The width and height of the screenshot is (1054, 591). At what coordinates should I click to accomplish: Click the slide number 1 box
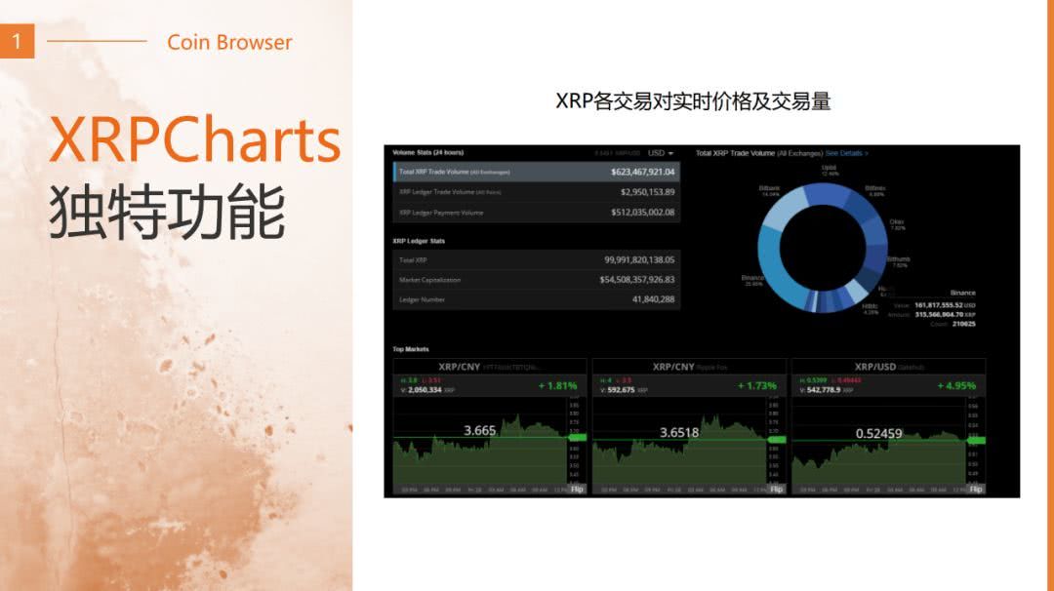coord(17,41)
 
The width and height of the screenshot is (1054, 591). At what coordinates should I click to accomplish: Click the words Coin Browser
coord(229,42)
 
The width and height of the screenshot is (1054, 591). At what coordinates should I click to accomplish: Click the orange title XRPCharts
coord(195,139)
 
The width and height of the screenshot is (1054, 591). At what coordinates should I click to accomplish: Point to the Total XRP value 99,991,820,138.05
coord(639,260)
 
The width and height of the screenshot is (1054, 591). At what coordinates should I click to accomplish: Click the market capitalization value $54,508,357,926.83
coord(636,280)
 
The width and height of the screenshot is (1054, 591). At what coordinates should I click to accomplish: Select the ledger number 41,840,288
coord(653,299)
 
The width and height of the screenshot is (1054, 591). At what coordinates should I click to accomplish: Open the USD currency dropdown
coord(661,153)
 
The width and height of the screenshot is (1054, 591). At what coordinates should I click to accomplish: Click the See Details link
coord(846,153)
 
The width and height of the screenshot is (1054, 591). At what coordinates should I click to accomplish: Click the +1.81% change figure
coord(557,385)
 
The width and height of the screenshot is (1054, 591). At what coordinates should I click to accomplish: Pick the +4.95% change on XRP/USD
coord(956,385)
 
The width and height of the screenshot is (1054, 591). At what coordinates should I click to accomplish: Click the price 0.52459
coord(878,433)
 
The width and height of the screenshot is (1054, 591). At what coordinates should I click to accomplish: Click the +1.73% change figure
coord(757,385)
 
